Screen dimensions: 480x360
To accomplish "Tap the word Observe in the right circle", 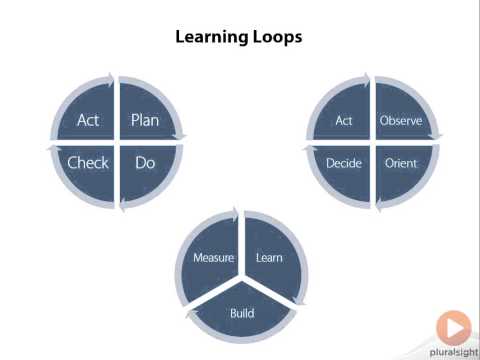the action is (x=400, y=121).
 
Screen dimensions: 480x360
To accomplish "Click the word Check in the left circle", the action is (x=88, y=162).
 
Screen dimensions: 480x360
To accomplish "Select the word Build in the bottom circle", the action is (x=241, y=313).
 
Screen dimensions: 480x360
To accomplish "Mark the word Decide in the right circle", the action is (x=344, y=162).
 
